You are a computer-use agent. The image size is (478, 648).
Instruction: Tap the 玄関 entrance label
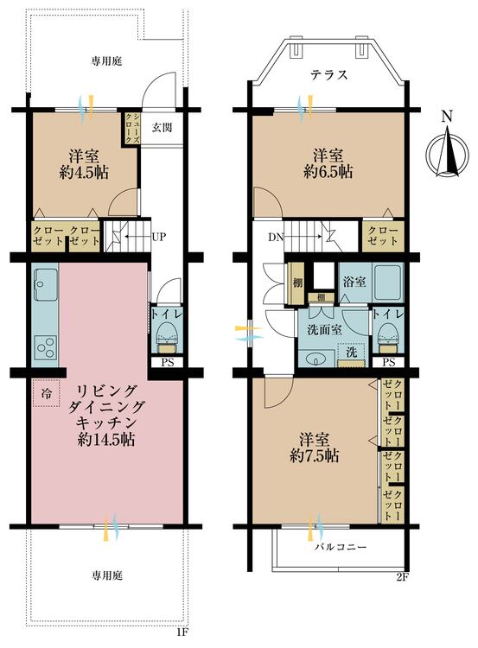162,127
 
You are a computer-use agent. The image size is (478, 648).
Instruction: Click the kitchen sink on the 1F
46,284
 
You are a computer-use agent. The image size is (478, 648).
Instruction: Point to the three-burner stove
46,348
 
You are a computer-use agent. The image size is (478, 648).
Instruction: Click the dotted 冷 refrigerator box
47,393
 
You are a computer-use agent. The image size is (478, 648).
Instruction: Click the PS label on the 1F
167,362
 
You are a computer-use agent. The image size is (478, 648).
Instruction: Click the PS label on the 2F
389,362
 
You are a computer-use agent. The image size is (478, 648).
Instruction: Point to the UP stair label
159,238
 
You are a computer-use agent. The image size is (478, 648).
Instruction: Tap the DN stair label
276,238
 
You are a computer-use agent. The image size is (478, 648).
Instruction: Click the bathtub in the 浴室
387,282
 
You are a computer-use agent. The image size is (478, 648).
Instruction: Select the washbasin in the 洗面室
316,359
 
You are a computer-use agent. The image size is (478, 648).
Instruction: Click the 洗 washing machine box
352,354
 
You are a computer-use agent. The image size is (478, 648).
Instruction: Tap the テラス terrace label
329,75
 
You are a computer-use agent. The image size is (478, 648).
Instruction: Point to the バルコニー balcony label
341,548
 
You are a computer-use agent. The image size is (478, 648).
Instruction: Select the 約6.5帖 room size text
328,171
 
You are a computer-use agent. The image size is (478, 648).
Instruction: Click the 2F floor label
402,578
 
